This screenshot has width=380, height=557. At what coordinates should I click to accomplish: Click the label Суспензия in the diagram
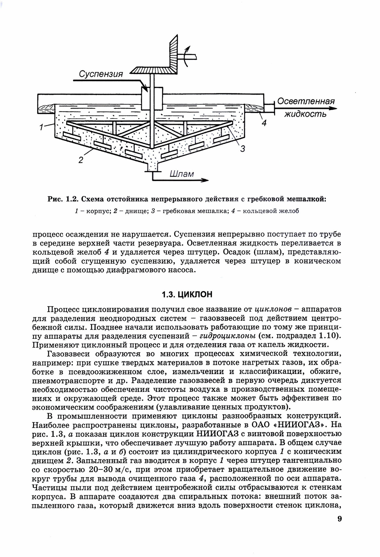coord(101,74)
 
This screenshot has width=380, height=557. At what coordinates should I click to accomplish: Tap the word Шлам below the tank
coord(181,174)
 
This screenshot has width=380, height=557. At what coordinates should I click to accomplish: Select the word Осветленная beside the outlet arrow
coord(306,101)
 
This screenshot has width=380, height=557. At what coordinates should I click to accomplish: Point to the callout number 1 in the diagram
coord(41,128)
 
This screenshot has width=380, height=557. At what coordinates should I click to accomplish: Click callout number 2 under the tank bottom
coord(81,160)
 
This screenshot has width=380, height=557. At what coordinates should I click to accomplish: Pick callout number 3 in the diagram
coord(242,149)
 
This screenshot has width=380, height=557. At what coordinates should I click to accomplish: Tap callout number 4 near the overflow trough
coord(264,123)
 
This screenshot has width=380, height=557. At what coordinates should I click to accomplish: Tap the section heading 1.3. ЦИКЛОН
coord(187,294)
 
